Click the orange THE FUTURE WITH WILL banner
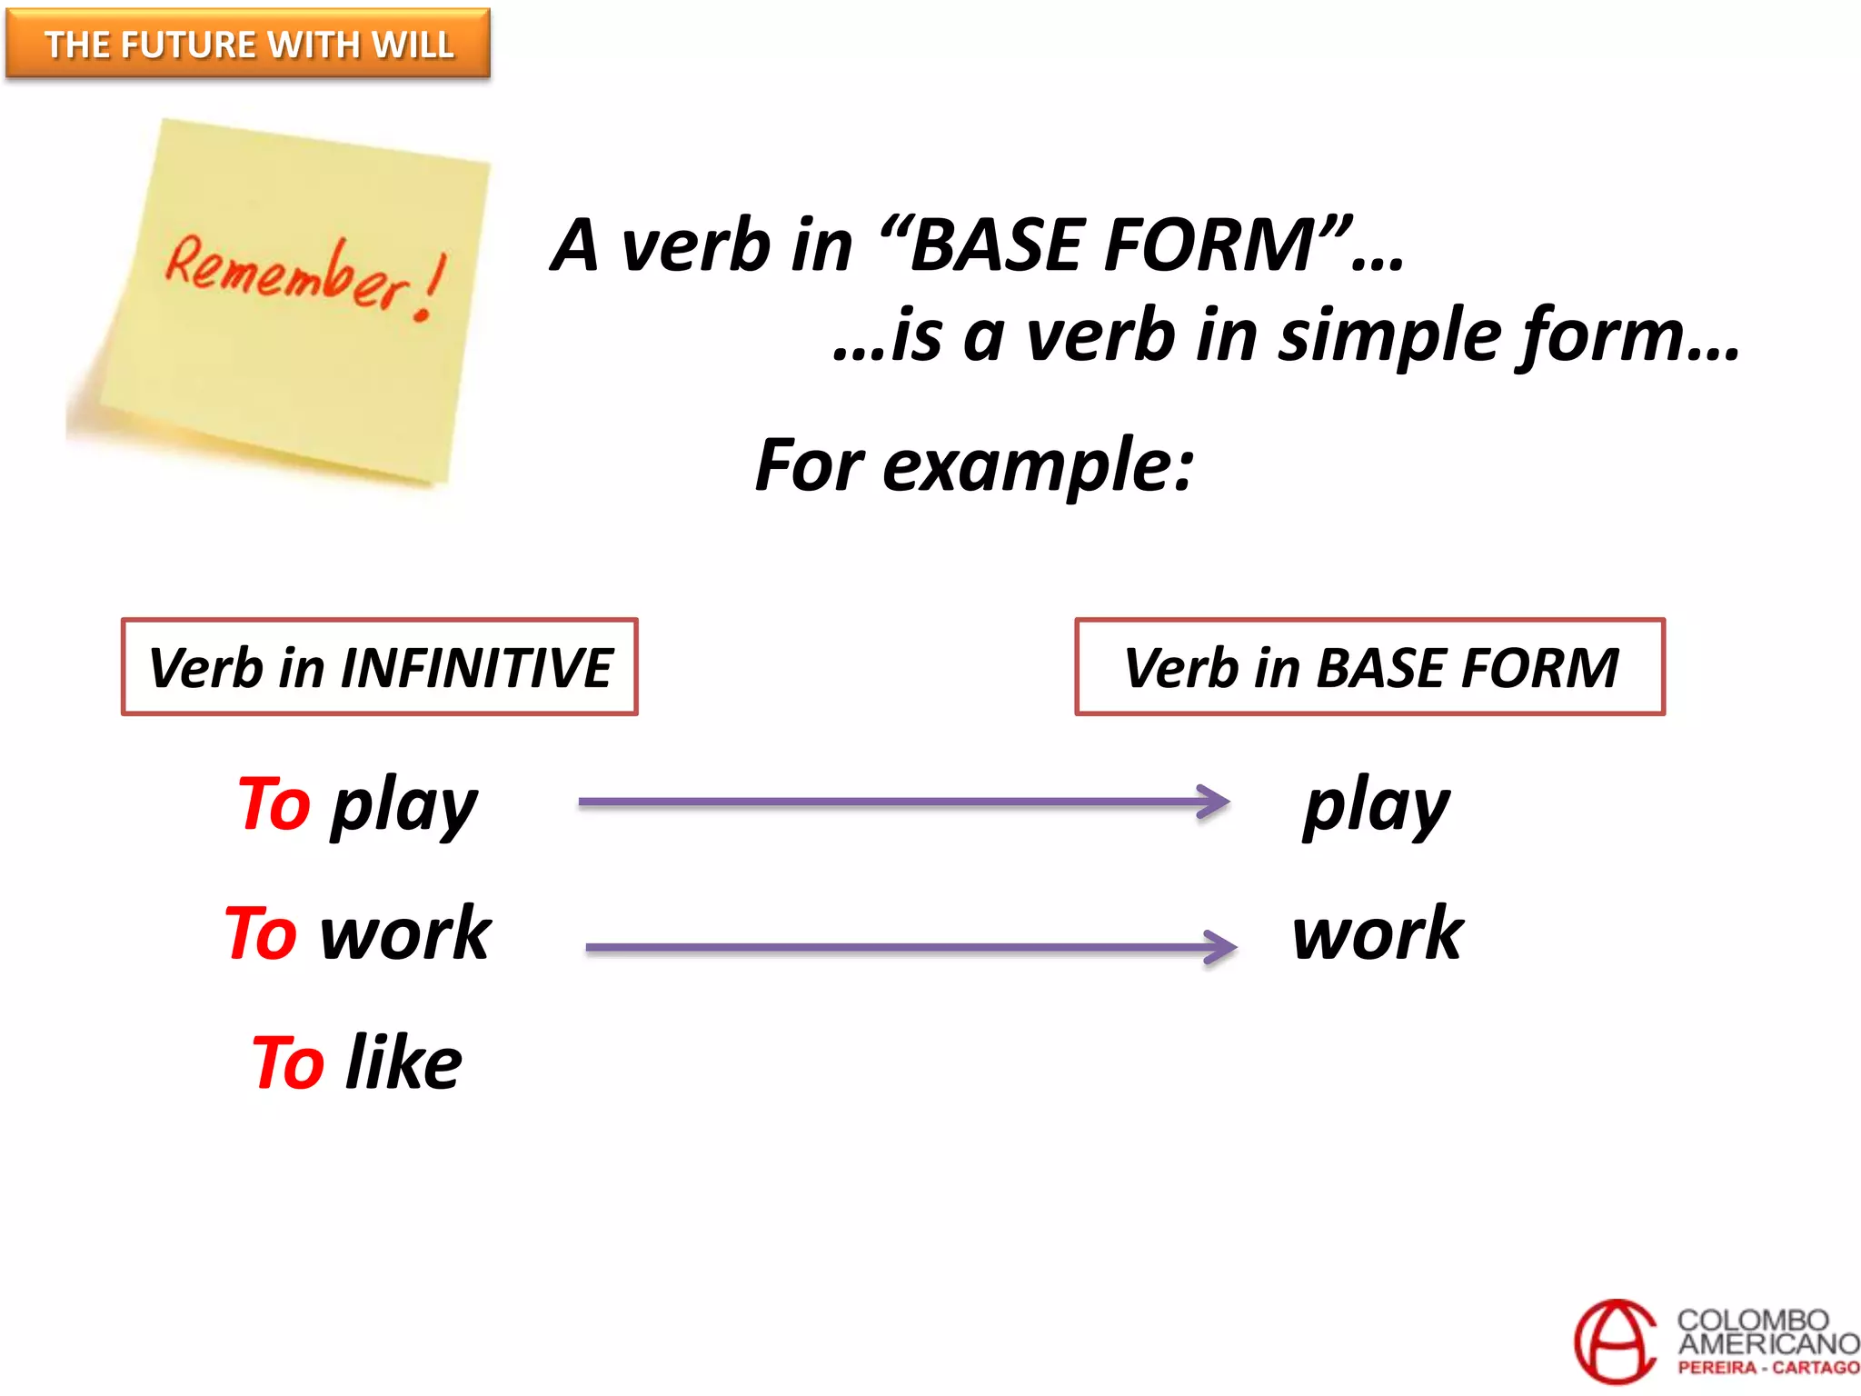(x=248, y=44)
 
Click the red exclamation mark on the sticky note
(x=430, y=288)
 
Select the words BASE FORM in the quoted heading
(x=1112, y=245)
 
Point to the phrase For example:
(x=974, y=465)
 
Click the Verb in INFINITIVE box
(x=380, y=667)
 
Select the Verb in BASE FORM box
(x=1369, y=667)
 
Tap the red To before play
(x=274, y=803)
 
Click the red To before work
(x=262, y=933)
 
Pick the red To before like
(x=288, y=1062)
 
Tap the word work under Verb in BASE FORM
(x=1378, y=933)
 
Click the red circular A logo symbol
(x=1616, y=1341)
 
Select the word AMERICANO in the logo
(x=1767, y=1343)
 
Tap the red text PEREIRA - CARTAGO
(x=1767, y=1368)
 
